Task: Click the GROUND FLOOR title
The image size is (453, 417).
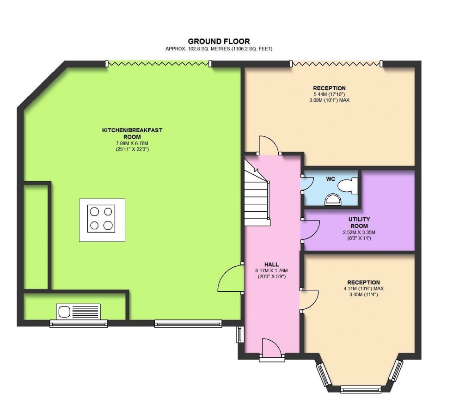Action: (x=219, y=41)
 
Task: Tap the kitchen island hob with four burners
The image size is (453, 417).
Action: (x=102, y=220)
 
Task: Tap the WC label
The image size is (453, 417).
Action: (x=331, y=178)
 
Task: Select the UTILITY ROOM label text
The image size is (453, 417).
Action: (x=359, y=222)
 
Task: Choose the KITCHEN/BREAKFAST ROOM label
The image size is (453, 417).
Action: (x=132, y=134)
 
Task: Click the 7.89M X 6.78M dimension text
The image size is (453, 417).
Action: (x=132, y=143)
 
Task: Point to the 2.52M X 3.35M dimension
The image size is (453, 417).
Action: (x=359, y=232)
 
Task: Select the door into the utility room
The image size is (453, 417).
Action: (x=310, y=230)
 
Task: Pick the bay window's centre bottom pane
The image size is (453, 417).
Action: (x=361, y=389)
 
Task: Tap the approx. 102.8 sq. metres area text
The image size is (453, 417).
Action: (x=219, y=49)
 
